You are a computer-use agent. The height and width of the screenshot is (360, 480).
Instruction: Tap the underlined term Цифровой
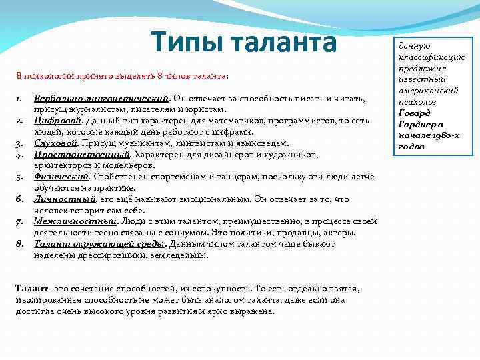[59, 121]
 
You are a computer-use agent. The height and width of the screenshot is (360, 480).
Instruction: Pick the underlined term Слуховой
[57, 143]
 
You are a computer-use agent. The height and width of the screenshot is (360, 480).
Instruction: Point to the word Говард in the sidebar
[415, 112]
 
